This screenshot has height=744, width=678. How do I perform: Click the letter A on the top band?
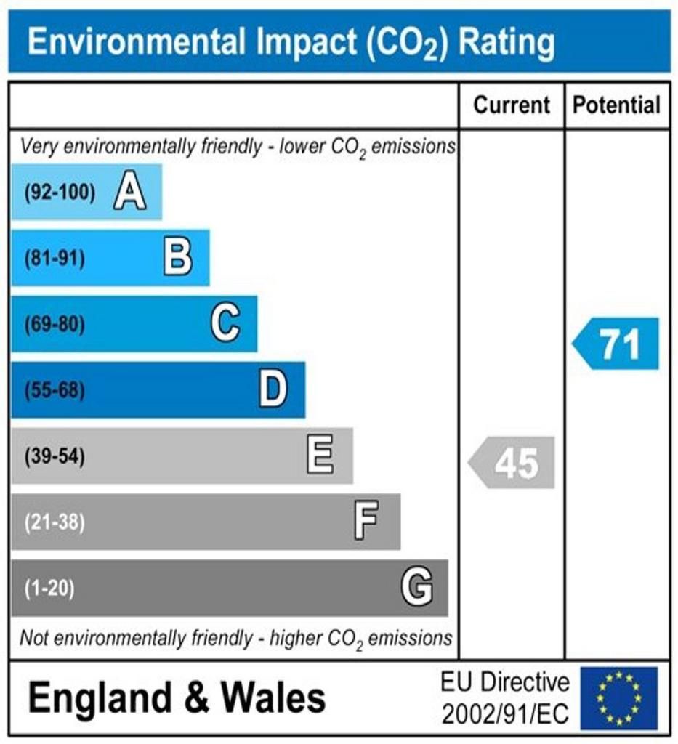(129, 193)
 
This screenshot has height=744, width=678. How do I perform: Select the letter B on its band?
(177, 258)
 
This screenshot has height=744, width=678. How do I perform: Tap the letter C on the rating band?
(225, 324)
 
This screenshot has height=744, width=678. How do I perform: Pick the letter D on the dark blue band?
(273, 390)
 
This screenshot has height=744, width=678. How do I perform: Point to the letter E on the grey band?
(320, 456)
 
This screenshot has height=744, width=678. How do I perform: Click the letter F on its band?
(366, 522)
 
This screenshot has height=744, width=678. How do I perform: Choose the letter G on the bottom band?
(417, 587)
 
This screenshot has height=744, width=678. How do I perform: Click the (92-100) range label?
(60, 193)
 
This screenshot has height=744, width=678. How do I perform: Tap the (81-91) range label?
(55, 259)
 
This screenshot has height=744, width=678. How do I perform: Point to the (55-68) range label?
(55, 391)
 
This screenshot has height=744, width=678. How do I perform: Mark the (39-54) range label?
(55, 457)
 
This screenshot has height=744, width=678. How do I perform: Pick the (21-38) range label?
(55, 522)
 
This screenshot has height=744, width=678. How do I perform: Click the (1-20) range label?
(49, 588)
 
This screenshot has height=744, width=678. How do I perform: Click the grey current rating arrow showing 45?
(512, 463)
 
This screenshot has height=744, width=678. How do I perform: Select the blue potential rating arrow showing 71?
(616, 344)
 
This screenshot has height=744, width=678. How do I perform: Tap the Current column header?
(512, 105)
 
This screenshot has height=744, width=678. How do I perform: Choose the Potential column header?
(617, 105)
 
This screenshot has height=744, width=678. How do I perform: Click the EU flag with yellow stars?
(618, 698)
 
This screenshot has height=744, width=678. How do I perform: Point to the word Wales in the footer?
(273, 698)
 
